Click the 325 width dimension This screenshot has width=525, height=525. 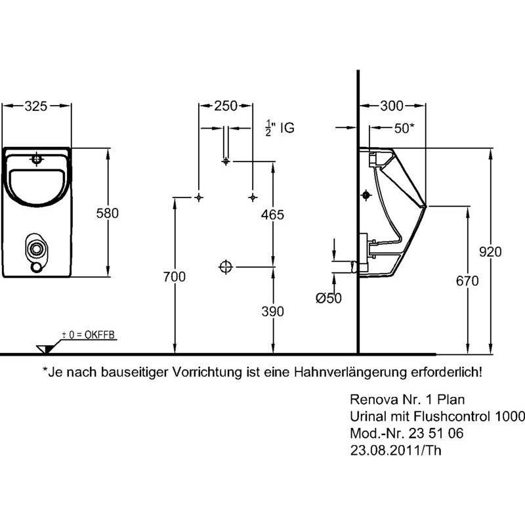click(36, 106)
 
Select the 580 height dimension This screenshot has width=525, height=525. click(108, 213)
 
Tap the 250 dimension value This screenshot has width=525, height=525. click(226, 106)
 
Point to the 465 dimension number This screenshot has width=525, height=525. click(272, 215)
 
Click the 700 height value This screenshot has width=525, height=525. click(174, 277)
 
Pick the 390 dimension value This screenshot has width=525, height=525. click(272, 311)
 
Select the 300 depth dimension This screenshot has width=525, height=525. click(392, 106)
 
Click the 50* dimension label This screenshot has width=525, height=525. click(404, 128)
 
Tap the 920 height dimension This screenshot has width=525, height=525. click(490, 252)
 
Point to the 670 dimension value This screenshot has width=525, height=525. click(467, 281)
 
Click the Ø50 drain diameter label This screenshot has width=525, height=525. click(329, 298)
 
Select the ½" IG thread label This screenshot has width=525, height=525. click(280, 128)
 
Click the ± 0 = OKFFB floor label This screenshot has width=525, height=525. click(89, 335)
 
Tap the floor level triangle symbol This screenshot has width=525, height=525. click(45, 349)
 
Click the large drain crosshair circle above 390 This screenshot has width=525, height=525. click(226, 267)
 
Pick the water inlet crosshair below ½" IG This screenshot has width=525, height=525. click(226, 161)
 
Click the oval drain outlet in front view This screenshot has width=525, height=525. click(36, 249)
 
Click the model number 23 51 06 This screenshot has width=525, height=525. click(436, 433)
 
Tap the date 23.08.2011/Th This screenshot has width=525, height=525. click(396, 450)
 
